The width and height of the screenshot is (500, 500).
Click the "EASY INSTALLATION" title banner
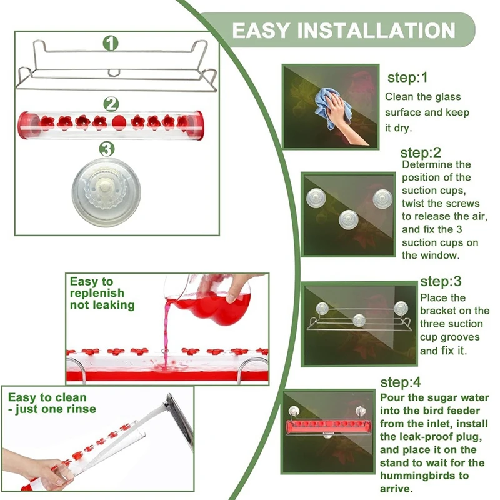click(x=344, y=30)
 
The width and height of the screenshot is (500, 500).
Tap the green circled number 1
click(x=111, y=43)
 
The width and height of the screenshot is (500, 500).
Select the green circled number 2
click(x=111, y=102)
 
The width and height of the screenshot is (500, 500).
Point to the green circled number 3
click(x=107, y=148)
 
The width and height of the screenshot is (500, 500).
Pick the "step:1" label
click(x=407, y=78)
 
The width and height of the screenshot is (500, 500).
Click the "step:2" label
click(x=421, y=152)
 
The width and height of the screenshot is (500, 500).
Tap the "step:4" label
click(x=400, y=382)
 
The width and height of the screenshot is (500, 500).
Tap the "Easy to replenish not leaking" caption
click(x=102, y=293)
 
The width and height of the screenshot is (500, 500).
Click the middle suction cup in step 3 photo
click(x=359, y=320)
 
